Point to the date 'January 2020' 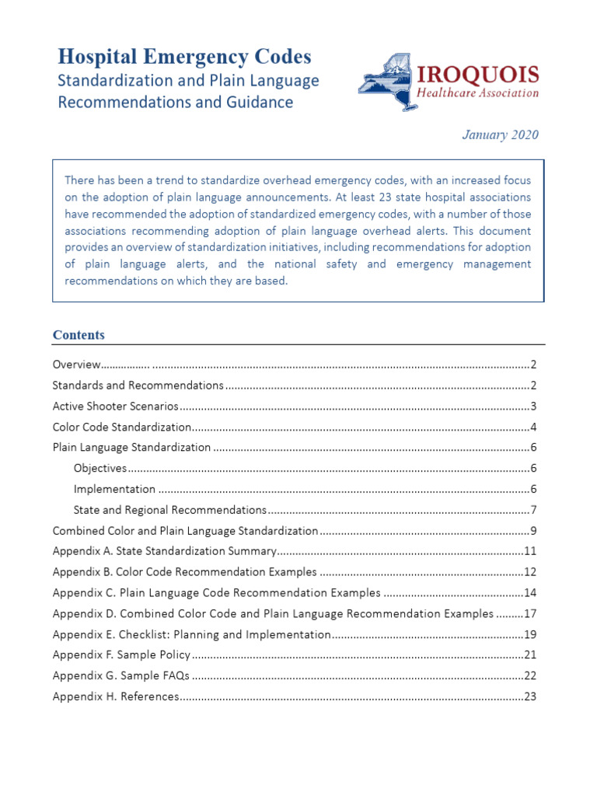[x=500, y=135]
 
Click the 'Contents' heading [x=79, y=335]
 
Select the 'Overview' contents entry [x=76, y=365]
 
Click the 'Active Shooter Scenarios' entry [x=115, y=407]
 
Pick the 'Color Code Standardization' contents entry [x=121, y=428]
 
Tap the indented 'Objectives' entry [x=99, y=469]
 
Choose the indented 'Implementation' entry [x=114, y=490]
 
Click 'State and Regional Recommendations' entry [x=169, y=511]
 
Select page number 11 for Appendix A [x=531, y=552]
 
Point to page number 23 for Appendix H [x=531, y=696]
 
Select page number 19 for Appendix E [x=531, y=634]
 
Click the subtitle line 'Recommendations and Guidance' [x=176, y=102]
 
